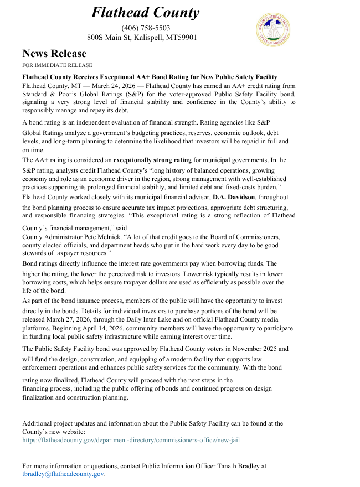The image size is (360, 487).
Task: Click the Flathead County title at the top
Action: coord(145,13)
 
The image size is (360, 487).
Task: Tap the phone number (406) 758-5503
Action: coord(146,28)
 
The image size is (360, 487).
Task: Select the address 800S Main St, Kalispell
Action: coord(142,38)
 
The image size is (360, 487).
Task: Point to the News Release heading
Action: coord(54,54)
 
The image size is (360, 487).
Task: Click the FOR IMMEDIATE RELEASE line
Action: coord(57,65)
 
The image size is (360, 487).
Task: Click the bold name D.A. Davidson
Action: coord(234,196)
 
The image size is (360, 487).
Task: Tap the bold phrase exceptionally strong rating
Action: coord(152,160)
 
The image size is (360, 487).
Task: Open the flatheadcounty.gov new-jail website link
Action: coord(131,440)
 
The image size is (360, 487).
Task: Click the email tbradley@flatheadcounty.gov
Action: coord(63,474)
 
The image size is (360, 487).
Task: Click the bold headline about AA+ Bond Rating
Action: coord(150,77)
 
